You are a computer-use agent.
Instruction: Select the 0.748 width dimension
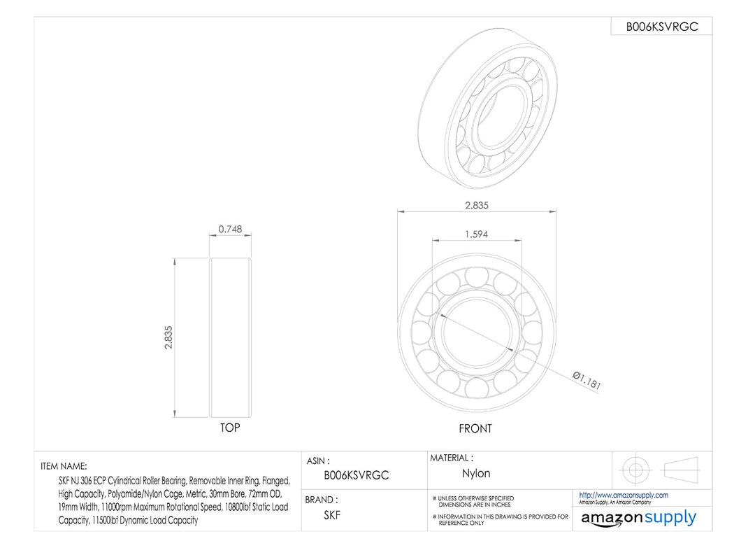(x=230, y=229)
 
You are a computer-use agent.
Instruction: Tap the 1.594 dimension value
(x=476, y=234)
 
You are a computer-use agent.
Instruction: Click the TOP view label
(x=230, y=428)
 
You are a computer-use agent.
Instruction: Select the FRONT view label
(x=475, y=428)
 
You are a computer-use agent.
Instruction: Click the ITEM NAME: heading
(x=64, y=466)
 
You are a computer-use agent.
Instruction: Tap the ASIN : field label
(x=318, y=461)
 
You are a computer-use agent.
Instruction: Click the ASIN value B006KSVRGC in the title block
(x=357, y=475)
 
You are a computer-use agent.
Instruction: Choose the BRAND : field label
(x=322, y=500)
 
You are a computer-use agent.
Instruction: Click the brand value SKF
(x=332, y=516)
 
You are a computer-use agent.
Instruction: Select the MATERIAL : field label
(x=451, y=458)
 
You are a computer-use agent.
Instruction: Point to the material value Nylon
(x=476, y=474)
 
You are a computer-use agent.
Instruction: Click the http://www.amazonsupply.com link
(x=624, y=495)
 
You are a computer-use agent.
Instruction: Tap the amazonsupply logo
(x=638, y=518)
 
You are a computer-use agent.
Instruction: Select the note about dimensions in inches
(x=475, y=501)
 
